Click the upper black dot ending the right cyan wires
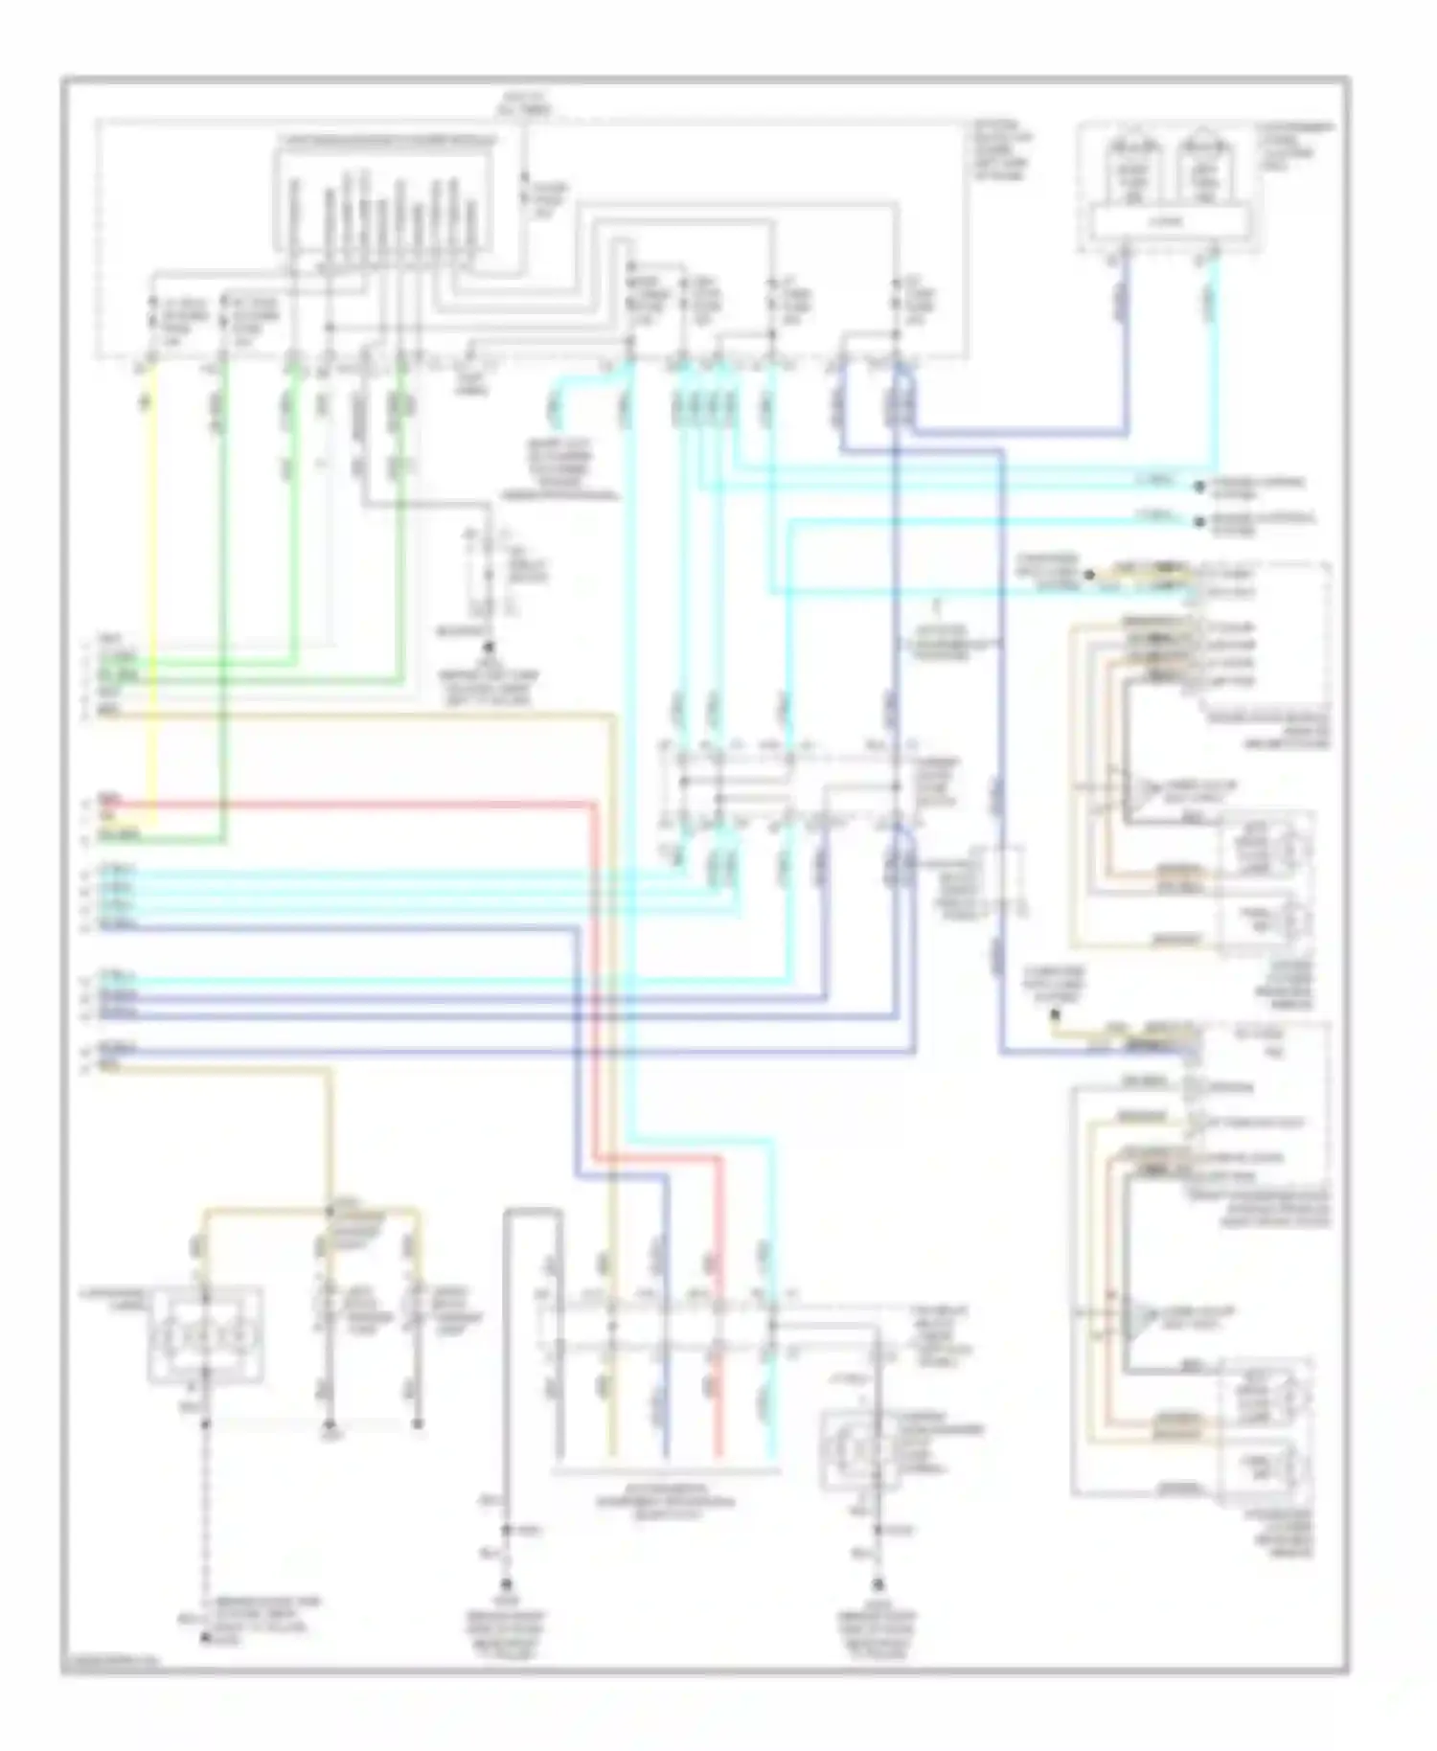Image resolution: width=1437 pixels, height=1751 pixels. point(1198,487)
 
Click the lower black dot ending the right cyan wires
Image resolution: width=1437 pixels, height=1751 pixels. point(1198,522)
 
